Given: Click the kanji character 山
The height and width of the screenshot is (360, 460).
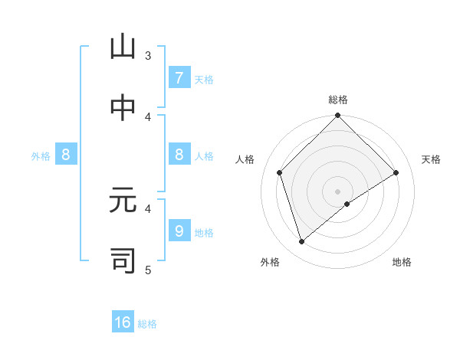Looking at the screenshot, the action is [x=123, y=47].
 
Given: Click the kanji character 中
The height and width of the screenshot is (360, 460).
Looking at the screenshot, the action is [x=123, y=109].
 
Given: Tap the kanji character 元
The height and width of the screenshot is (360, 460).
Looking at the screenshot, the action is [x=123, y=200].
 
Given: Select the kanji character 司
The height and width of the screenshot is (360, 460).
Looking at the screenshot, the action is [x=123, y=260].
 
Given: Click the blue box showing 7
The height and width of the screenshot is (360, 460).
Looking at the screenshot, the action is [x=179, y=78].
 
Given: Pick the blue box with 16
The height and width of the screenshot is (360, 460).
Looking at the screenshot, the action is [x=123, y=322].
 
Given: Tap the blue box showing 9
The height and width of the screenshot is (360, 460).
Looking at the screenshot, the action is [x=179, y=231].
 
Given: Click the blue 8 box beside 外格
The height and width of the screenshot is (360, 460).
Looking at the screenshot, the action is [x=66, y=155].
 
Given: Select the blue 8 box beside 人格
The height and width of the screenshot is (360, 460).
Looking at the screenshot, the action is [x=179, y=155].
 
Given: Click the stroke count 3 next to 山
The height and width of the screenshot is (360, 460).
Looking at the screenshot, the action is [x=148, y=55].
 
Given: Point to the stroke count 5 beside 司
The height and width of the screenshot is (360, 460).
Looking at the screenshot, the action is [x=148, y=269].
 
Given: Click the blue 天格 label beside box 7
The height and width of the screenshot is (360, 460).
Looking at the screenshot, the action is [x=204, y=79].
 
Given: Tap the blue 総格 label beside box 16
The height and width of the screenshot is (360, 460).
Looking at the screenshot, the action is [x=147, y=324].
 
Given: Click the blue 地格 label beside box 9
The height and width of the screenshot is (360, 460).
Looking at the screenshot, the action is [x=204, y=232].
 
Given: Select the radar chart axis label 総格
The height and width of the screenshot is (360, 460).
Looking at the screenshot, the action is [x=338, y=100].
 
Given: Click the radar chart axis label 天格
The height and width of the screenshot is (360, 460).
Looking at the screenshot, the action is [x=432, y=159].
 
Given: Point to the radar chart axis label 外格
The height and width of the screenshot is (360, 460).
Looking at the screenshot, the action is [x=269, y=262].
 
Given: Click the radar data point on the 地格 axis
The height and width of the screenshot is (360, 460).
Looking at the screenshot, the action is [x=347, y=204].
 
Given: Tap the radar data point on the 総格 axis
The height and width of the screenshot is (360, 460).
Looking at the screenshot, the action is [x=338, y=116].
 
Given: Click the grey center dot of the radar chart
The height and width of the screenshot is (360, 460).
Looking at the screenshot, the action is [x=338, y=191].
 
